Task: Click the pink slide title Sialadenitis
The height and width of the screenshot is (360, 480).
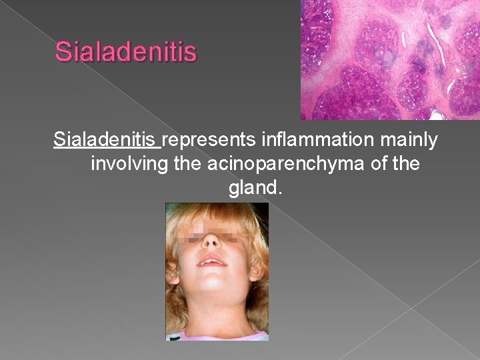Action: pos(126,51)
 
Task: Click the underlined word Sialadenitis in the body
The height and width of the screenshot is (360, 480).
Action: pos(107,141)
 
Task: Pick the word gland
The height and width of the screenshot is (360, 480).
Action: pos(253,188)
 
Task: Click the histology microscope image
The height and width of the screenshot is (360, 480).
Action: pos(390,59)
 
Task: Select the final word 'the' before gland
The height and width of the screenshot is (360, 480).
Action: pos(407,164)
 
